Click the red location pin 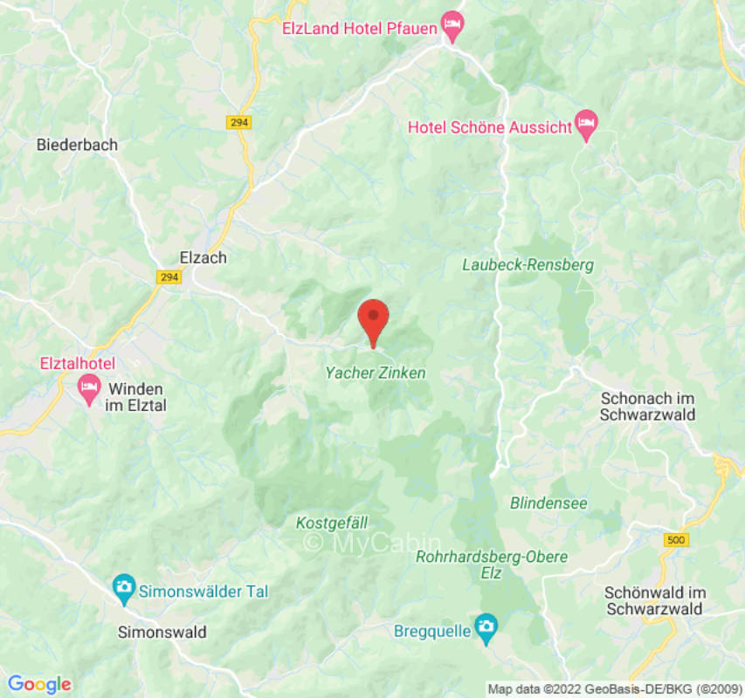[374, 319]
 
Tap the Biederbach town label [77, 145]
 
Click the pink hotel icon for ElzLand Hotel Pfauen [452, 26]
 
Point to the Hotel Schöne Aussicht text [489, 127]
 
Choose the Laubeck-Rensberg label [528, 264]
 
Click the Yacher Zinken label [376, 373]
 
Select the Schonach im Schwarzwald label [648, 406]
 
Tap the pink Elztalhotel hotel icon [89, 386]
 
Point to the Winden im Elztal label [137, 396]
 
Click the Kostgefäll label [332, 523]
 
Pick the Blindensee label [548, 503]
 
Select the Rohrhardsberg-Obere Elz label [492, 565]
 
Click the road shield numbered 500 [674, 540]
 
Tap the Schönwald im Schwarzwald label [654, 600]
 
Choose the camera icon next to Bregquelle [485, 626]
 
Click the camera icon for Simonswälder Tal [124, 591]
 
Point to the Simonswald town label [162, 633]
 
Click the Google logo [38, 684]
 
